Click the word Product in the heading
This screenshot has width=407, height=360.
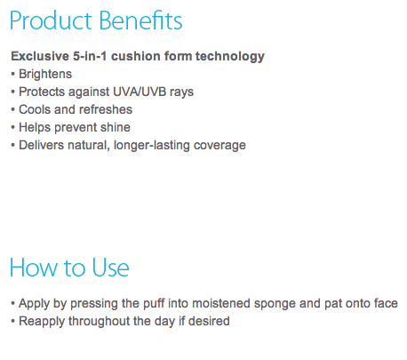(51, 20)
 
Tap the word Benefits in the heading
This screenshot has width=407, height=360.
(140, 20)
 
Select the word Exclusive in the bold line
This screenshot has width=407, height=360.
(40, 56)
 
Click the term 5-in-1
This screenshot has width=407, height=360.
(90, 56)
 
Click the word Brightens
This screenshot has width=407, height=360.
(45, 74)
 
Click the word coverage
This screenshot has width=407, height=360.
(219, 146)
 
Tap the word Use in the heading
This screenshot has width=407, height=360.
(110, 268)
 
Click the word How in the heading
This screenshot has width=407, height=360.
(34, 268)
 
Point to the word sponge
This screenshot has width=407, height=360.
(275, 304)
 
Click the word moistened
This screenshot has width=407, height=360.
(221, 303)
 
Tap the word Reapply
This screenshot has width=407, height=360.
(42, 322)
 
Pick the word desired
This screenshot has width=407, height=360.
(209, 321)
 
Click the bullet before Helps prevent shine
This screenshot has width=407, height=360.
(12, 127)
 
